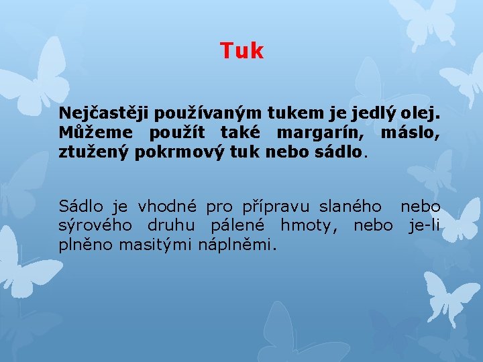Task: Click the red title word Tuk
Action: [x=241, y=51]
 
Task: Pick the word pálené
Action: [x=235, y=225]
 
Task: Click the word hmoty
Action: [x=309, y=225]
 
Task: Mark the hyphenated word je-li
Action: [x=424, y=225]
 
